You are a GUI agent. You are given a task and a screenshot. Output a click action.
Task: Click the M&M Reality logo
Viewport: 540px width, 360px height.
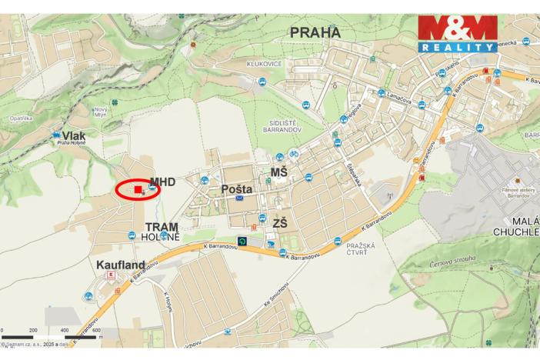click(x=458, y=34)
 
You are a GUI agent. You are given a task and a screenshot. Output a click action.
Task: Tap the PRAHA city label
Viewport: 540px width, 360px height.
click(x=315, y=33)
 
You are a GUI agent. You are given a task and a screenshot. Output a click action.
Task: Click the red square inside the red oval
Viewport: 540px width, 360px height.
click(x=138, y=189)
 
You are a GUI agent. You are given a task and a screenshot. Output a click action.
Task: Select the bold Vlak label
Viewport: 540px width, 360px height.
click(x=75, y=135)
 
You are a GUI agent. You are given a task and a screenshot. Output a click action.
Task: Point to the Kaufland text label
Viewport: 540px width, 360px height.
click(x=122, y=265)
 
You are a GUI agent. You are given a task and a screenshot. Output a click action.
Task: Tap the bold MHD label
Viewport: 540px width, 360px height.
click(x=163, y=182)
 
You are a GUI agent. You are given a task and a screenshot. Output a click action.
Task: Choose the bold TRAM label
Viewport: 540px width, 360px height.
click(x=163, y=228)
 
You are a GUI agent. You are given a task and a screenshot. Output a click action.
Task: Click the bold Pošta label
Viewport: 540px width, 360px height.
click(x=237, y=188)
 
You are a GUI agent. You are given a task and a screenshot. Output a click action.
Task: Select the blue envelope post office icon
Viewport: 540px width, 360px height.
click(x=239, y=198)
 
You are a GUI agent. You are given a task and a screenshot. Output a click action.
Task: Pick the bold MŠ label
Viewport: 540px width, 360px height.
click(x=278, y=172)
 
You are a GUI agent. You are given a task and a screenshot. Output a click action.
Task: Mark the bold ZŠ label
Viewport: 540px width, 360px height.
click(x=280, y=223)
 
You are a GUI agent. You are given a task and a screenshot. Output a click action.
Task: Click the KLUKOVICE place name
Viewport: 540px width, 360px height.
click(x=264, y=64)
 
